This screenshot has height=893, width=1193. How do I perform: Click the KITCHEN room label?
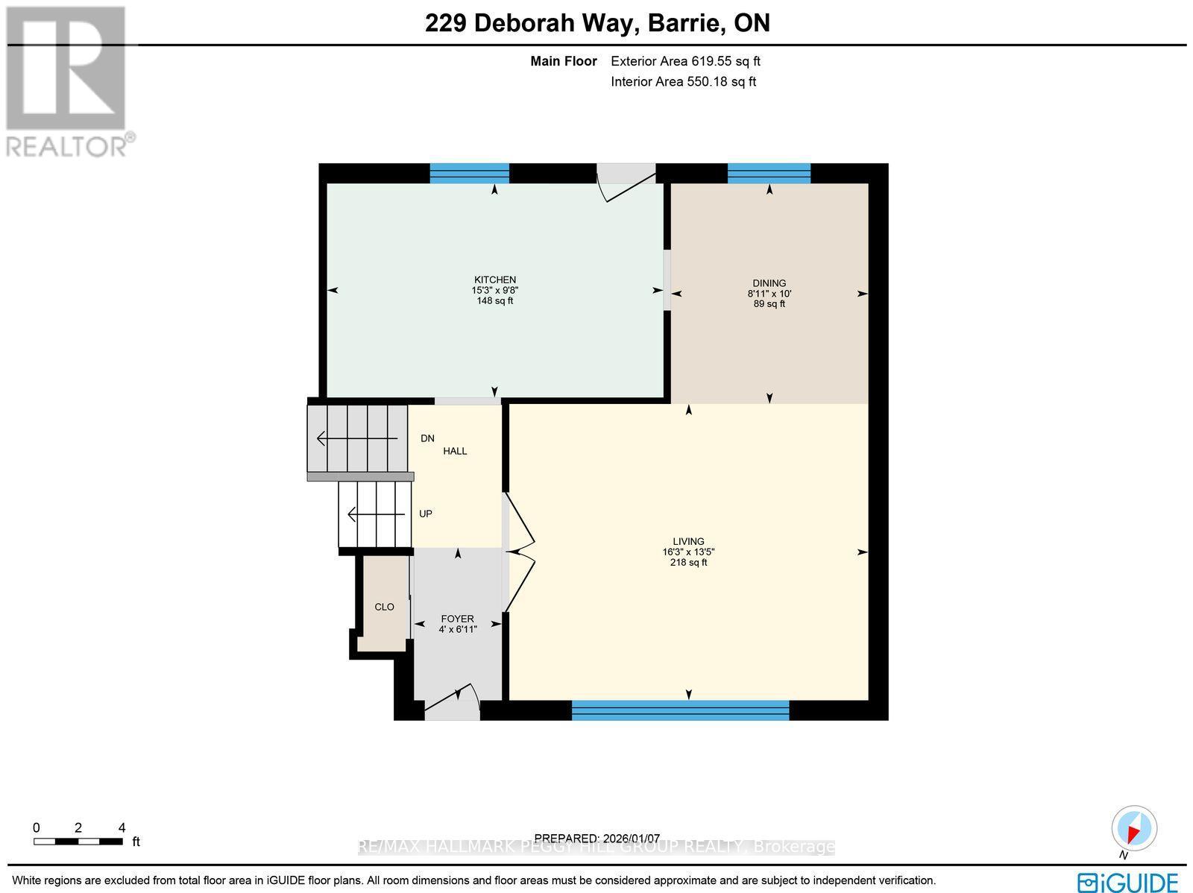(494, 280)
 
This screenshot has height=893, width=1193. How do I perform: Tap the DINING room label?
(769, 283)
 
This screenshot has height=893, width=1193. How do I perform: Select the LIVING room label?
(688, 542)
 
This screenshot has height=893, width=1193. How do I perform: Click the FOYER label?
(457, 619)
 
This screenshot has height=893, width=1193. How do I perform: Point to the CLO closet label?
(384, 607)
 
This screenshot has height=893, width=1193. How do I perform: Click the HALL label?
(455, 451)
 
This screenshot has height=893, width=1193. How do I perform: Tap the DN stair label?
(427, 438)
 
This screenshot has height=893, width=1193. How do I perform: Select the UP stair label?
(426, 514)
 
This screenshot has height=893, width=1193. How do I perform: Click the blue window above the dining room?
(769, 173)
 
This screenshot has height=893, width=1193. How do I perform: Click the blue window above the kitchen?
(469, 173)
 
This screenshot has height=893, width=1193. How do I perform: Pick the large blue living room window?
(680, 710)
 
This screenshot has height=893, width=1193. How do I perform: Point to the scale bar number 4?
(122, 827)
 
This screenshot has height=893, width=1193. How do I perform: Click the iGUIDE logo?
(1127, 883)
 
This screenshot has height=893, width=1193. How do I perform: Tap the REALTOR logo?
(69, 82)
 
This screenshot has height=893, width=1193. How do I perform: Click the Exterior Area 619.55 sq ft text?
(685, 62)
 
